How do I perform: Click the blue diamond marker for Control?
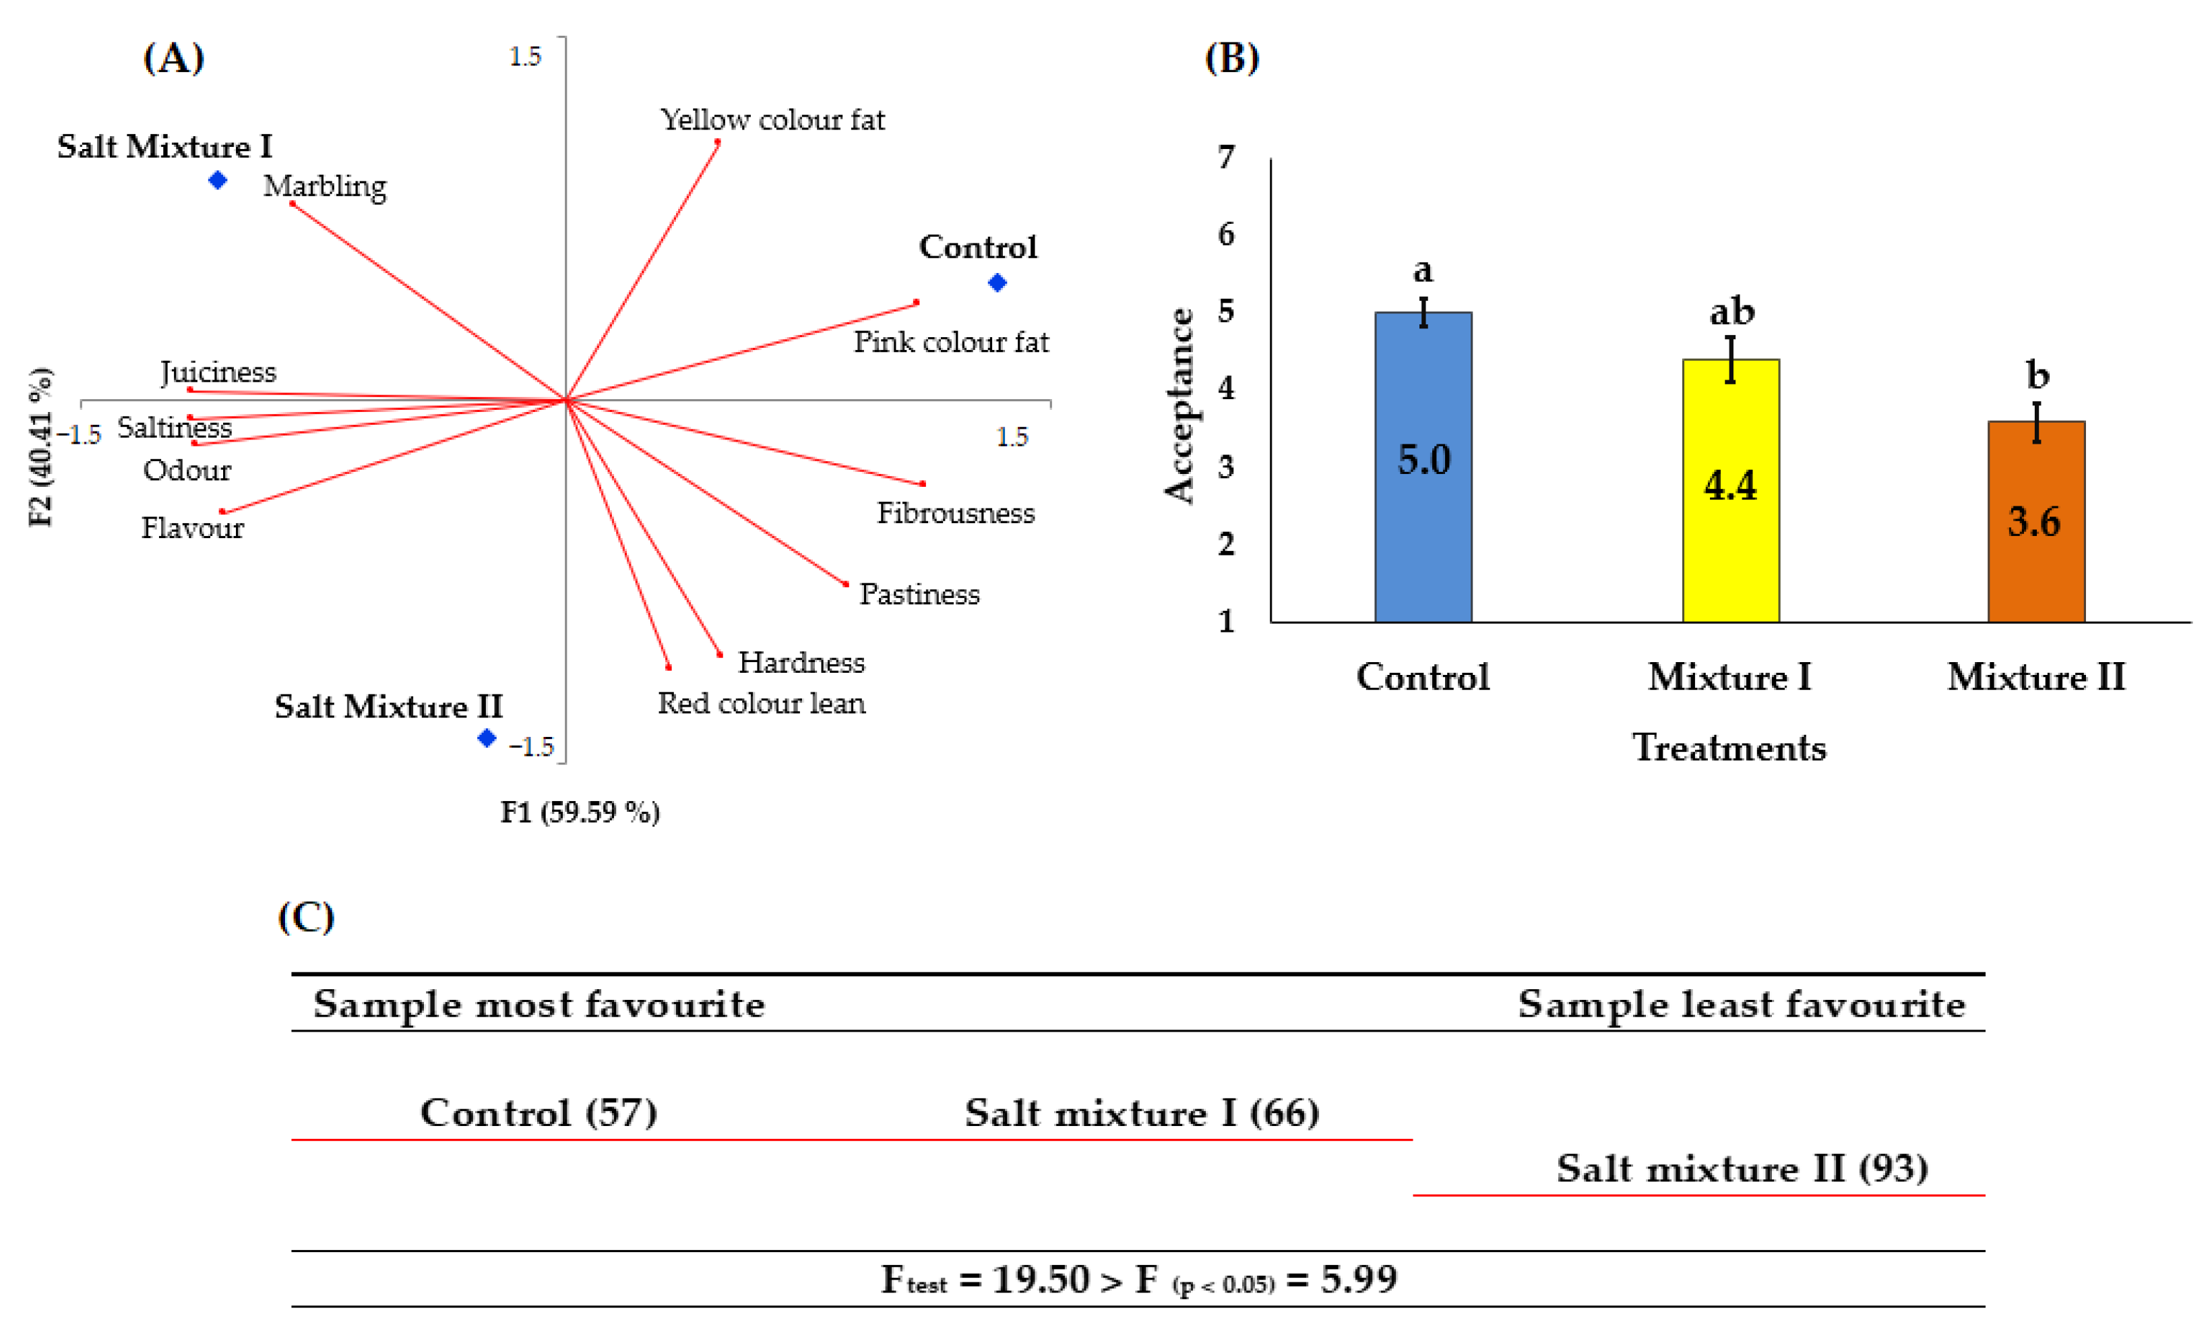(998, 283)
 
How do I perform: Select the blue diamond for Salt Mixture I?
(218, 180)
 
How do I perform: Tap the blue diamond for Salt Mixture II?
(487, 738)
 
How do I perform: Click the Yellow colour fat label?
(772, 119)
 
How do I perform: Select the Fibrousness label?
(955, 512)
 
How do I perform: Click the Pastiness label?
(919, 593)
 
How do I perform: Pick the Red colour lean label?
(762, 703)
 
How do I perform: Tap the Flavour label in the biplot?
(192, 527)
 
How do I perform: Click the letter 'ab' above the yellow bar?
(1731, 311)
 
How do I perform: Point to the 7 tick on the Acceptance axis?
(1226, 158)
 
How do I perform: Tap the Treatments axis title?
(1729, 748)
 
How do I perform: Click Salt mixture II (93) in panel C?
(1742, 1168)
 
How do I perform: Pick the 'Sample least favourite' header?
(1741, 1004)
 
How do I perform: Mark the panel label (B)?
(1231, 58)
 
